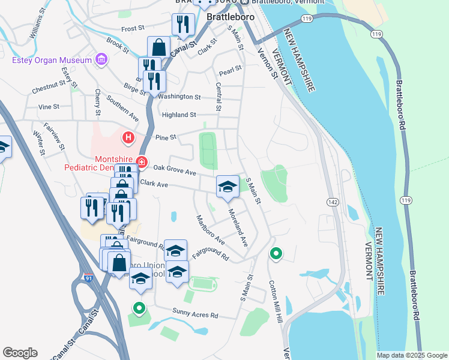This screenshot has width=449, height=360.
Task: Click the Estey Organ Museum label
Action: [52, 59]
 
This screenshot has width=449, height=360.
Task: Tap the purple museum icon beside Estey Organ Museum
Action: [101, 59]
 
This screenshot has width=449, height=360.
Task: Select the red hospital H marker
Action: [128, 139]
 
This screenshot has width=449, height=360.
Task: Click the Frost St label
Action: [133, 28]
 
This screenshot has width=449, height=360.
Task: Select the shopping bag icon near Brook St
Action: [158, 47]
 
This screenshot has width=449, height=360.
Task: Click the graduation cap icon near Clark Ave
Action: [228, 187]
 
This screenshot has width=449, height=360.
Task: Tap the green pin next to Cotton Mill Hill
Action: [276, 254]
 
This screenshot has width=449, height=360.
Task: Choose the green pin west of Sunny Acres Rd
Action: [139, 308]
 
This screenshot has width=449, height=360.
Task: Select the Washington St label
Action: [179, 97]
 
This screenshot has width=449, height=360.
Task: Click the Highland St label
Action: [178, 115]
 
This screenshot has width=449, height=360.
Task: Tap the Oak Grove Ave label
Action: [175, 170]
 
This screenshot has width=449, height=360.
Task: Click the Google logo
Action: [20, 353]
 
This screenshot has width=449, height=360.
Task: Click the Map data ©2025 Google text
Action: [411, 355]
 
